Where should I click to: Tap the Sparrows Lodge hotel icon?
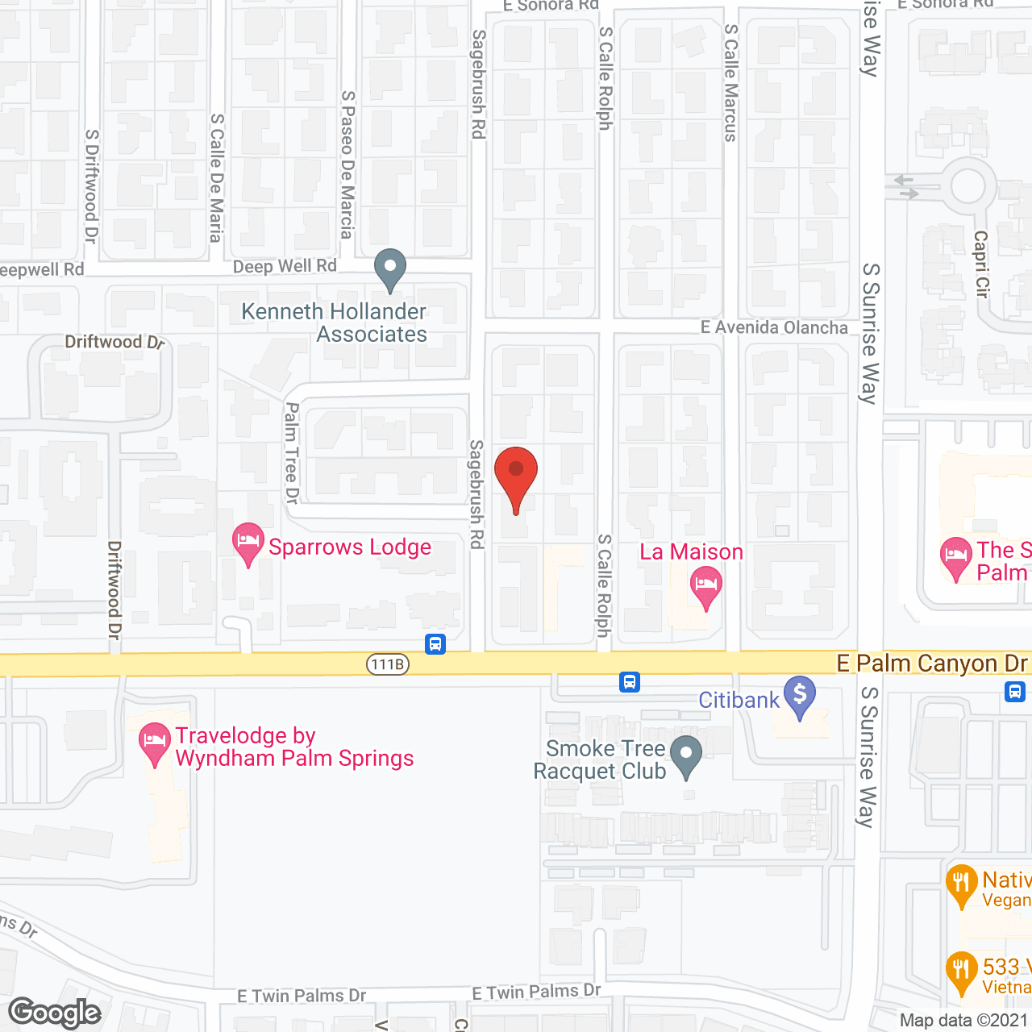coord(248,542)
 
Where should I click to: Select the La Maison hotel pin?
coord(705,585)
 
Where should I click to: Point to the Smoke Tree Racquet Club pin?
coord(686,757)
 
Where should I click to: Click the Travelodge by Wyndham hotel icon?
coord(153,742)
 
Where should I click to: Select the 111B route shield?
coord(388,664)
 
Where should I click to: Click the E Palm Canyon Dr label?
coord(932,664)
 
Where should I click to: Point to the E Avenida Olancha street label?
coord(774,327)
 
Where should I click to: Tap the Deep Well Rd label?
coord(285,266)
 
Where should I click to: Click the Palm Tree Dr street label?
coord(292,452)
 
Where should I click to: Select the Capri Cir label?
coord(981,264)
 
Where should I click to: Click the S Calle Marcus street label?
coord(730,82)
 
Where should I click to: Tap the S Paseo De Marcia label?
coord(347,164)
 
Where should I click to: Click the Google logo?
coord(55,1013)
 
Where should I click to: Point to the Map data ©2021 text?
coord(964,1021)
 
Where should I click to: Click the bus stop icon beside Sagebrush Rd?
coord(435,643)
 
